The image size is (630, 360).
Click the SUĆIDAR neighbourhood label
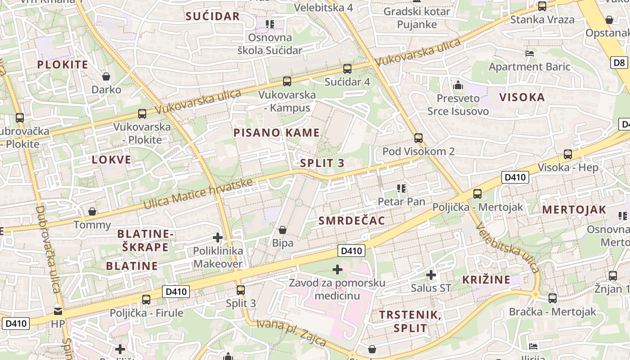[x=213, y=17]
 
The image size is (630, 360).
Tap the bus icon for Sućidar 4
[x=347, y=69]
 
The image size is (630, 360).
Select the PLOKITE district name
[x=63, y=64]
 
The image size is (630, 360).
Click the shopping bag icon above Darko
[x=106, y=76]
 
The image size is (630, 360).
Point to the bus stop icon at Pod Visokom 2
[x=418, y=138]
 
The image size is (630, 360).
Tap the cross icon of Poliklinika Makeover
[x=218, y=237]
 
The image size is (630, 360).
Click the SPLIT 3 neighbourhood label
[x=322, y=163]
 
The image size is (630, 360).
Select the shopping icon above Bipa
[x=283, y=230]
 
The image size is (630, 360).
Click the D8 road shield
[x=619, y=63]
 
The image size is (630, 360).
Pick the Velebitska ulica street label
[x=508, y=247]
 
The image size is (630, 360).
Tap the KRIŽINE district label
[x=486, y=279]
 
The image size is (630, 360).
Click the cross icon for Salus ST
[x=431, y=274]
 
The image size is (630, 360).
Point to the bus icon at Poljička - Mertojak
[x=477, y=194]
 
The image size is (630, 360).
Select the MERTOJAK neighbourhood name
[x=574, y=210]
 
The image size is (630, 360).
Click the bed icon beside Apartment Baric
[x=530, y=53]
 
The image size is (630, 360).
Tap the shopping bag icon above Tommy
[x=92, y=211]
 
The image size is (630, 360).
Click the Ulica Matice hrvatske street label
[x=198, y=194]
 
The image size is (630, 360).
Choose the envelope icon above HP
[x=58, y=311]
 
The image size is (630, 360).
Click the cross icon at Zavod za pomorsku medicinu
[x=337, y=270]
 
